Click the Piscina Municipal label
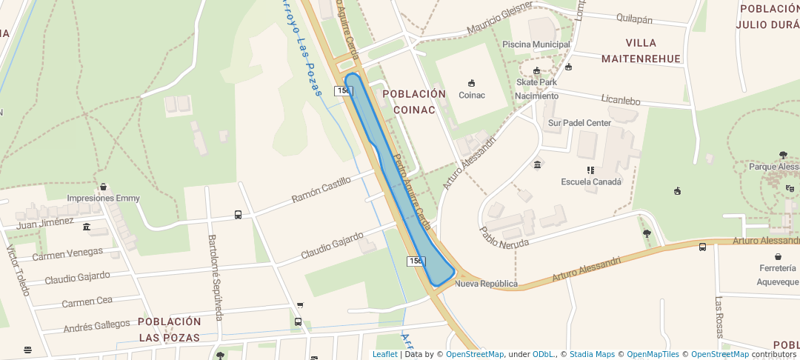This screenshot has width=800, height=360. click(536, 44)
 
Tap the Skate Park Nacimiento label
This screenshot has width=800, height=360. click(537, 89)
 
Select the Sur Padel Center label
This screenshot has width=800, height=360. click(579, 123)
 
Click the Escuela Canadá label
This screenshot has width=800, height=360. click(590, 181)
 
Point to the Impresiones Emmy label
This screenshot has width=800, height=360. click(103, 199)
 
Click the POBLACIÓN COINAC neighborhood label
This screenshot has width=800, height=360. click(414, 101)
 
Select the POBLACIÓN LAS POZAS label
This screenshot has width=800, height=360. click(169, 330)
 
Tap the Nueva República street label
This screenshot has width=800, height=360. click(486, 284)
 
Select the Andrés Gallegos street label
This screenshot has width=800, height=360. click(96, 325)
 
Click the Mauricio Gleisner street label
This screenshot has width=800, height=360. click(499, 20)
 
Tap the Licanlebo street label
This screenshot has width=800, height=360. click(621, 100)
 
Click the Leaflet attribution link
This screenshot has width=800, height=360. click(384, 354)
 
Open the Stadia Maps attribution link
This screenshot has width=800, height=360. click(592, 354)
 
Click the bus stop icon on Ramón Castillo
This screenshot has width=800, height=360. click(238, 215)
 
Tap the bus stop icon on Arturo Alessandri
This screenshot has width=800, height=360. click(702, 247)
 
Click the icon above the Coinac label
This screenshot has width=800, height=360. click(471, 83)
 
